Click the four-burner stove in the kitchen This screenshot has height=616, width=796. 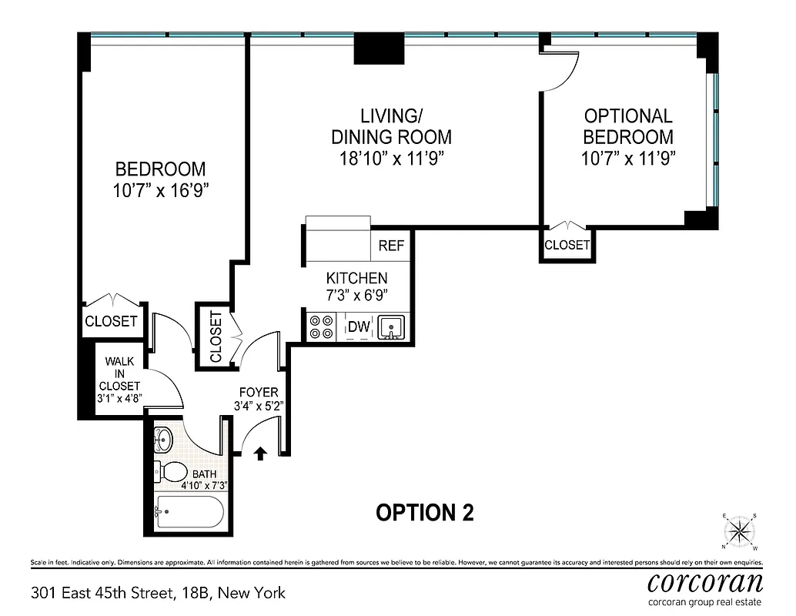click(321, 328)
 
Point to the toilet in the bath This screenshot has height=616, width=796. click(170, 471)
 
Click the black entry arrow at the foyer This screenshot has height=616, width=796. click(260, 454)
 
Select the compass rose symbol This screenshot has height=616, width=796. click(740, 531)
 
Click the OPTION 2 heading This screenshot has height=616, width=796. click(424, 512)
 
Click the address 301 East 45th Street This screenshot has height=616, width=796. click(158, 593)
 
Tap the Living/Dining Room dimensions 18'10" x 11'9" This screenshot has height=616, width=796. click(391, 159)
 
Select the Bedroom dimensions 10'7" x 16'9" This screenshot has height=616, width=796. click(160, 191)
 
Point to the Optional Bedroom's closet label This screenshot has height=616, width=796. click(567, 246)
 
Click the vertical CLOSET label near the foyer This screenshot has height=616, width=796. click(215, 336)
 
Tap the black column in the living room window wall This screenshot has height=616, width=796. click(379, 51)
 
